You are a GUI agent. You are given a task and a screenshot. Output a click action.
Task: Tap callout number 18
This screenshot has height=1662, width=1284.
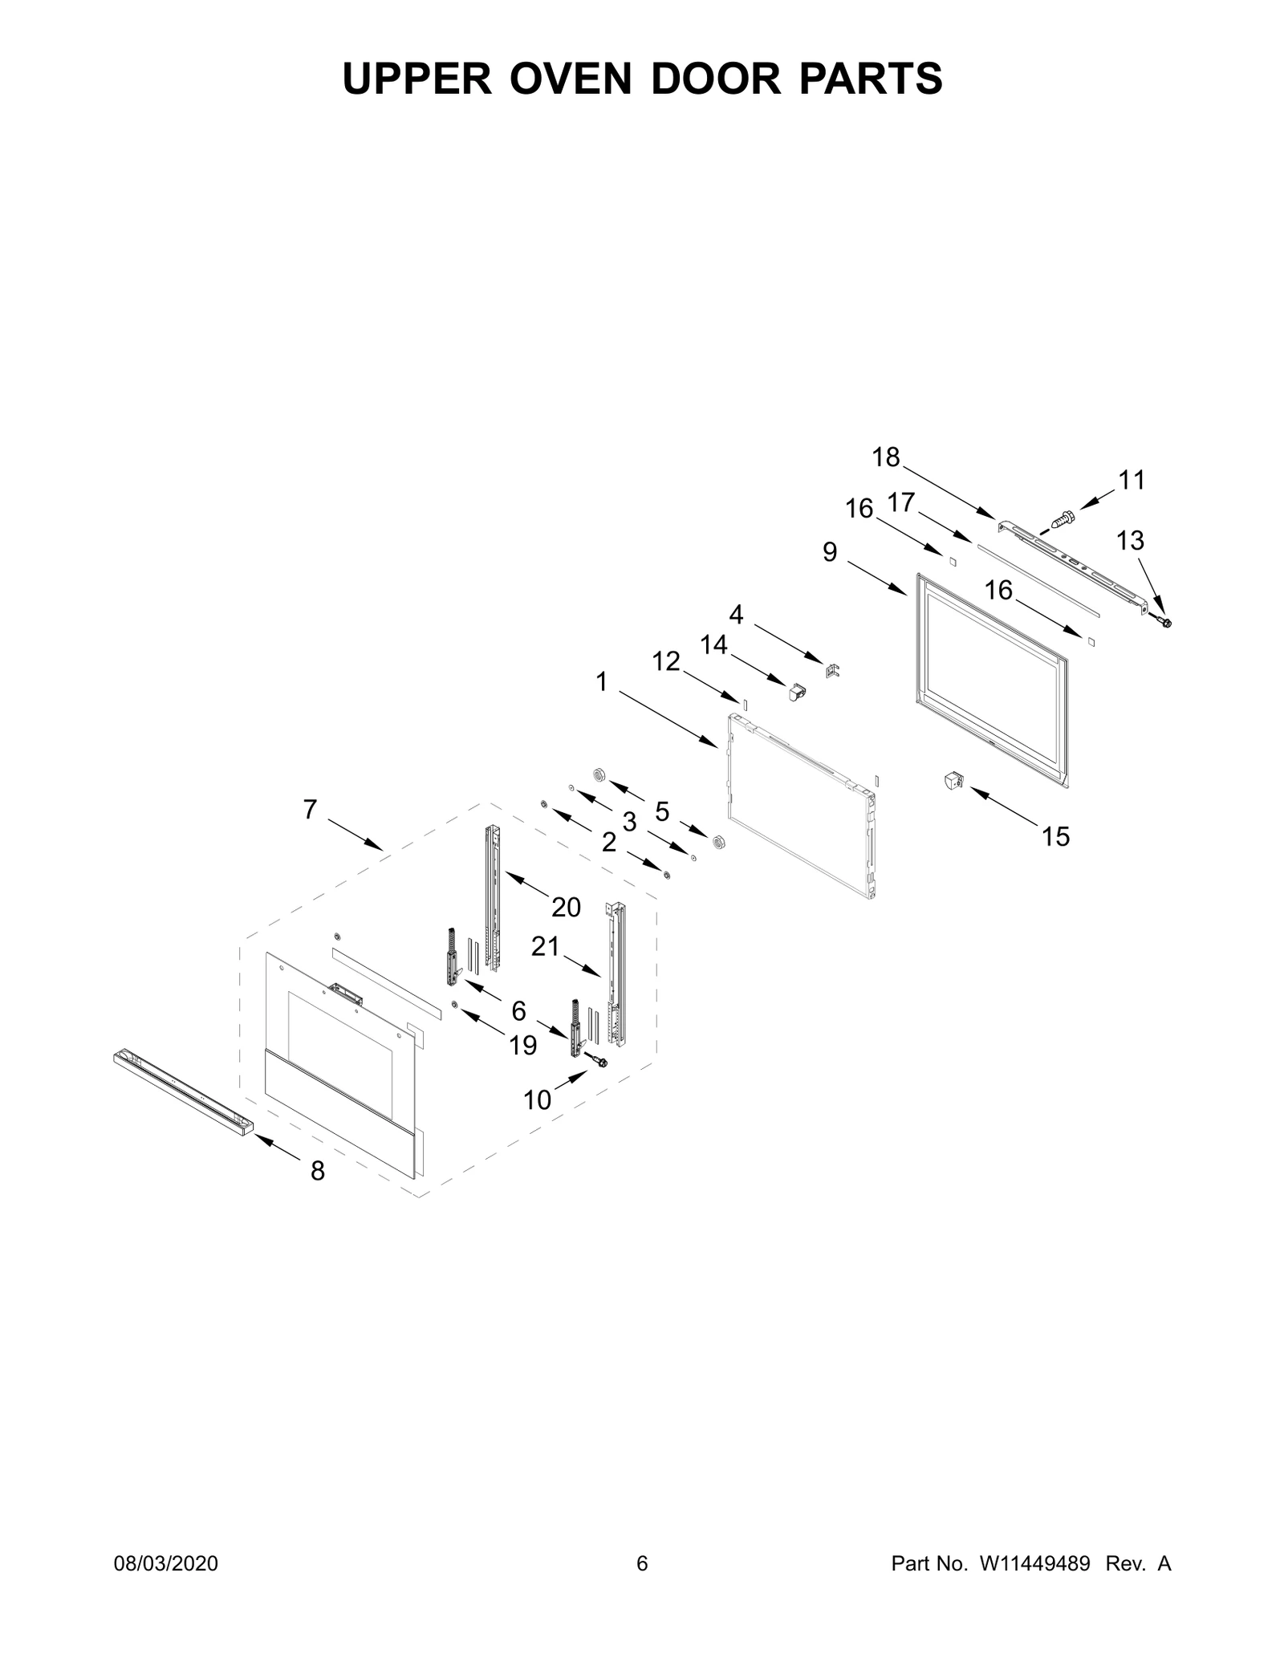pyautogui.click(x=886, y=457)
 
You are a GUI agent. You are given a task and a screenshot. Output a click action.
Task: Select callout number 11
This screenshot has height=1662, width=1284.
pyautogui.click(x=1132, y=480)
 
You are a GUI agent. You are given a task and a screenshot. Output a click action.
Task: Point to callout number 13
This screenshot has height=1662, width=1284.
pyautogui.click(x=1130, y=541)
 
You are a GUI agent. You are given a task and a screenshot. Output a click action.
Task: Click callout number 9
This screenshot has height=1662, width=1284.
pyautogui.click(x=830, y=552)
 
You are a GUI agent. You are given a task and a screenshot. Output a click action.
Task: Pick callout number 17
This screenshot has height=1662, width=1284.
pyautogui.click(x=901, y=502)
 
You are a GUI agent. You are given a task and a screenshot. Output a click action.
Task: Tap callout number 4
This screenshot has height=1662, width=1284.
pyautogui.click(x=736, y=615)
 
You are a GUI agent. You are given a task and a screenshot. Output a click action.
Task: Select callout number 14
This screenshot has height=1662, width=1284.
pyautogui.click(x=713, y=644)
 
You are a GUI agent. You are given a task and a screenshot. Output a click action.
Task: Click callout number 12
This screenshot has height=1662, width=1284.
pyautogui.click(x=666, y=661)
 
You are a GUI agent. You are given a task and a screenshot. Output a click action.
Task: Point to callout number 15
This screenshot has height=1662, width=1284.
pyautogui.click(x=1056, y=837)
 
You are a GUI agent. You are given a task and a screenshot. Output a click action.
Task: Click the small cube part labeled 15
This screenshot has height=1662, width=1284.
pyautogui.click(x=953, y=780)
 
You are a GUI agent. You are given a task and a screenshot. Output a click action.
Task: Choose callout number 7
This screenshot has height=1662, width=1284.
pyautogui.click(x=310, y=810)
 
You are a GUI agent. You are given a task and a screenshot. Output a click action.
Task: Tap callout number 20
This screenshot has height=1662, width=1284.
pyautogui.click(x=566, y=908)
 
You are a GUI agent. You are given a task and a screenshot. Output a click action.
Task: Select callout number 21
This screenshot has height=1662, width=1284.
pyautogui.click(x=545, y=947)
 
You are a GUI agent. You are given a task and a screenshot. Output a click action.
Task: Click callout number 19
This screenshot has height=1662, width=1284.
pyautogui.click(x=523, y=1046)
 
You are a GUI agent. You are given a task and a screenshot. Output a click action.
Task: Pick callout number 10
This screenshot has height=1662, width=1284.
pyautogui.click(x=538, y=1100)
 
